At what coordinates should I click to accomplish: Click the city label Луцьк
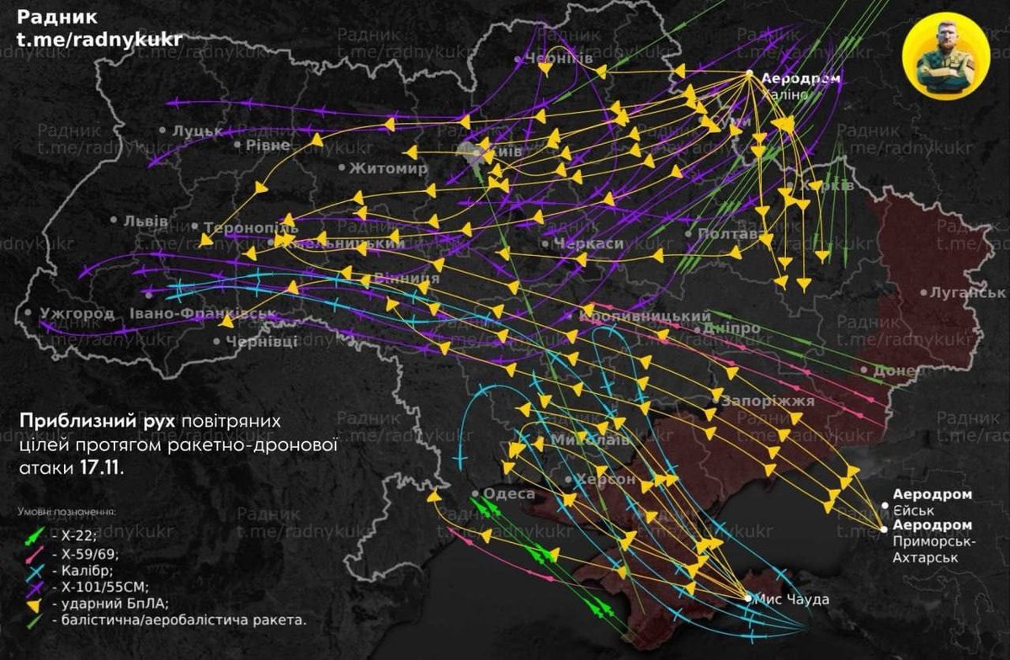click(x=197, y=131)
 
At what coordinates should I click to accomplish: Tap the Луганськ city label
click(x=967, y=293)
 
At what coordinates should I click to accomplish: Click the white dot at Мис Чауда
click(x=748, y=599)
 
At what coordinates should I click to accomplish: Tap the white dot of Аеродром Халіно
click(x=749, y=74)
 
